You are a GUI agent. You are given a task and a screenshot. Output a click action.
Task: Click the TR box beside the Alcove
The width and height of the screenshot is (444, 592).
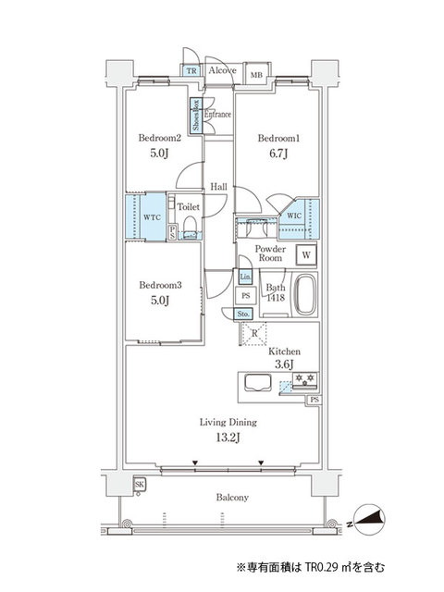(x=191, y=70)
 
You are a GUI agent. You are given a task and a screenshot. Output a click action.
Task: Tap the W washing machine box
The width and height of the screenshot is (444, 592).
(x=304, y=255)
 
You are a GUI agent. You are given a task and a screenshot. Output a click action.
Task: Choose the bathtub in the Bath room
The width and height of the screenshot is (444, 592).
(x=306, y=296)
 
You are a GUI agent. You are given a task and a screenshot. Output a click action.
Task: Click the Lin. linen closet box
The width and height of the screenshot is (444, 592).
(x=245, y=277)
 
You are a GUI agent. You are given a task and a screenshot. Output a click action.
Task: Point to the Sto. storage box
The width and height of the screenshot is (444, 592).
(x=244, y=314)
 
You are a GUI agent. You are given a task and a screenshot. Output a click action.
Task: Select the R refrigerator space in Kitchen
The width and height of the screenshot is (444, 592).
(x=255, y=334)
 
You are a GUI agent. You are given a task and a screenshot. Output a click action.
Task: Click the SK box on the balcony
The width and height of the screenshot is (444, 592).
(x=139, y=485)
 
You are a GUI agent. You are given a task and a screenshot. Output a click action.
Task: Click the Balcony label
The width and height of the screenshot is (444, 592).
(x=232, y=498)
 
